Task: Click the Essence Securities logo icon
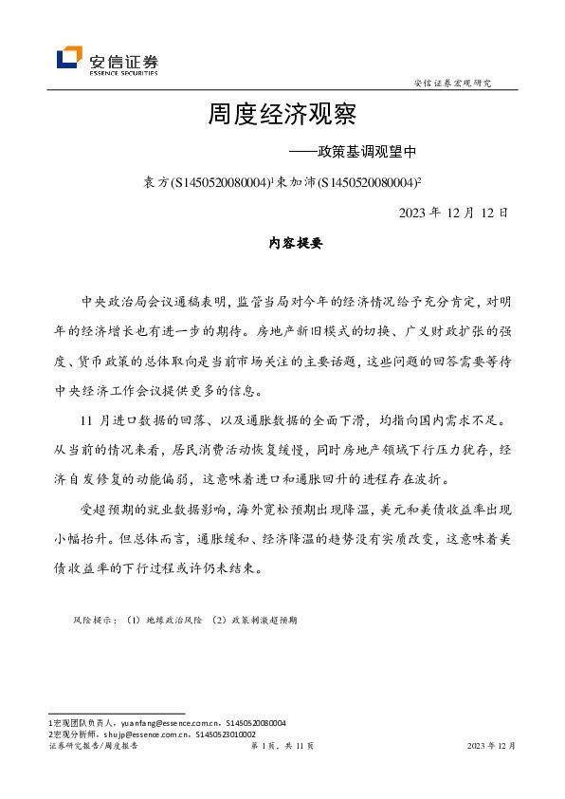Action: point(69,59)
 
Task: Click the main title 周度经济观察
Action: point(282,116)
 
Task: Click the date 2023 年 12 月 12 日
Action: point(454,212)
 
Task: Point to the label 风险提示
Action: point(93,620)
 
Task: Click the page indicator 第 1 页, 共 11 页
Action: point(282,747)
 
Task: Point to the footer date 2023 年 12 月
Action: point(492,747)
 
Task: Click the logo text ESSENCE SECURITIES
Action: point(123,72)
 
